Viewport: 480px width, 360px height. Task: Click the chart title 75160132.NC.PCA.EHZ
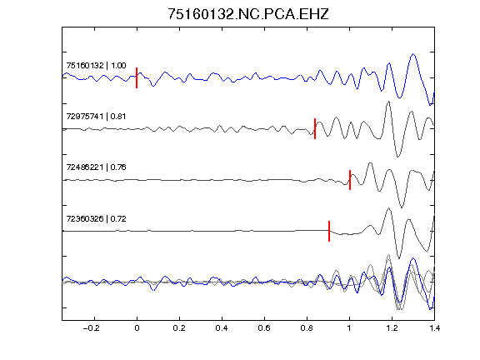pos(248,14)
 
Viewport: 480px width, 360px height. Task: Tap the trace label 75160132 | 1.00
pos(96,66)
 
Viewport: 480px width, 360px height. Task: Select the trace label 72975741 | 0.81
pos(96,117)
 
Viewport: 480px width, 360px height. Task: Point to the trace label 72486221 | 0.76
pos(96,167)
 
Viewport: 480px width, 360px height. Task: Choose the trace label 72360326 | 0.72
pos(96,218)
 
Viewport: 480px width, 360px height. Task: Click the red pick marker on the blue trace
pos(137,77)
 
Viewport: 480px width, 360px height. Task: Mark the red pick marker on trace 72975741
pos(315,128)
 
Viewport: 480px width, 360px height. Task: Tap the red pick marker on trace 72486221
pos(350,180)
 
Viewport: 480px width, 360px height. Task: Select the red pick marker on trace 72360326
pos(329,231)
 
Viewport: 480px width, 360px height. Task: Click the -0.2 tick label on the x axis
pos(92,328)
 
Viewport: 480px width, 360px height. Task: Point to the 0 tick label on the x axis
pos(137,328)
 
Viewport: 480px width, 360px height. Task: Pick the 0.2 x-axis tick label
pos(179,328)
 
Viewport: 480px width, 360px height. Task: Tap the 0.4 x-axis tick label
pos(222,328)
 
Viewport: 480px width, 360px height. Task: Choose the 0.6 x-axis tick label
pos(264,328)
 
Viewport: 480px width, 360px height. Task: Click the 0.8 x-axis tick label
pos(307,328)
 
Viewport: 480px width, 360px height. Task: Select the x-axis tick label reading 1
pos(349,328)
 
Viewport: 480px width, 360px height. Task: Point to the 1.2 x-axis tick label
pos(392,328)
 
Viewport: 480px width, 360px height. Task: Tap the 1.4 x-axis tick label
pos(434,328)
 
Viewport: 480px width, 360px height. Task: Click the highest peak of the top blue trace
pos(413,54)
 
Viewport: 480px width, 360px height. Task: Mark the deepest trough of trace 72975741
pos(397,157)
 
